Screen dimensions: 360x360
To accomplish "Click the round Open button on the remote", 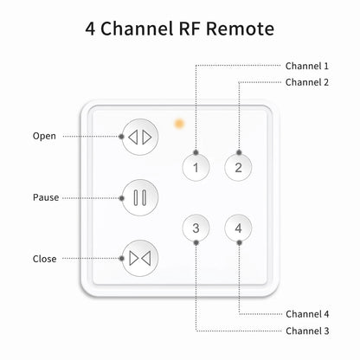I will [140, 136].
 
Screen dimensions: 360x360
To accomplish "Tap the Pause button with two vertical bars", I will [140, 197].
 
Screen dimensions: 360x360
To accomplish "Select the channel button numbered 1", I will [196, 167].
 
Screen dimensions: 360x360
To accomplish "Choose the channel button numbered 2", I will [238, 167].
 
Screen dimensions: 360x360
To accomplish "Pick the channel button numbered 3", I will [196, 228].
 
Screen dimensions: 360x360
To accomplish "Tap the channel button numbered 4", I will [238, 228].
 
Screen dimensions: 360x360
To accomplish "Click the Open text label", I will [44, 136].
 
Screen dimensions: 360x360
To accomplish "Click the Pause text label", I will [46, 197].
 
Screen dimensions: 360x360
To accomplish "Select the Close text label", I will [45, 259].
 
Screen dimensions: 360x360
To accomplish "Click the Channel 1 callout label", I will [307, 66].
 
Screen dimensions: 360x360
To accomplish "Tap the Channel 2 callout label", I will [307, 82].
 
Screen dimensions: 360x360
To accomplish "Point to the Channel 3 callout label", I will [307, 331].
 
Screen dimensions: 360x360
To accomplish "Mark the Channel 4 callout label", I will [307, 314].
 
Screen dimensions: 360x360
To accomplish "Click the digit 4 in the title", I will [91, 29].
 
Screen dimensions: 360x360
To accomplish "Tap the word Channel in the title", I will [134, 29].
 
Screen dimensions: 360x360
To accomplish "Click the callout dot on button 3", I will [196, 243].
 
